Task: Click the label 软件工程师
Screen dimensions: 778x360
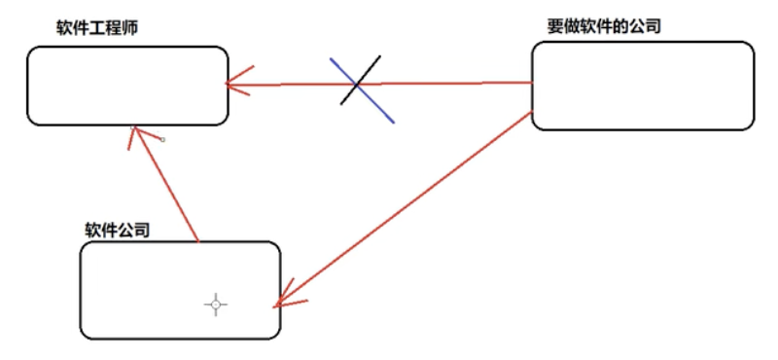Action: (x=97, y=27)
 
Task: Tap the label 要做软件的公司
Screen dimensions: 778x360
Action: (x=605, y=26)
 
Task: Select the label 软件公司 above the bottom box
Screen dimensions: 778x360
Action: (x=118, y=230)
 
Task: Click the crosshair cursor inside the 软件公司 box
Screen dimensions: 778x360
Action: (x=216, y=305)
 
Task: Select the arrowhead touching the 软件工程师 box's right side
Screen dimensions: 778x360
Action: (x=233, y=84)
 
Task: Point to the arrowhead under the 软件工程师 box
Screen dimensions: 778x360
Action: (x=136, y=133)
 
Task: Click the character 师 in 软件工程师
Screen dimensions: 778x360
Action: (x=130, y=27)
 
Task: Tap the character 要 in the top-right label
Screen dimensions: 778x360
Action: (x=556, y=26)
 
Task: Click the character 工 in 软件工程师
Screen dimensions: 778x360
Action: (x=97, y=27)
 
